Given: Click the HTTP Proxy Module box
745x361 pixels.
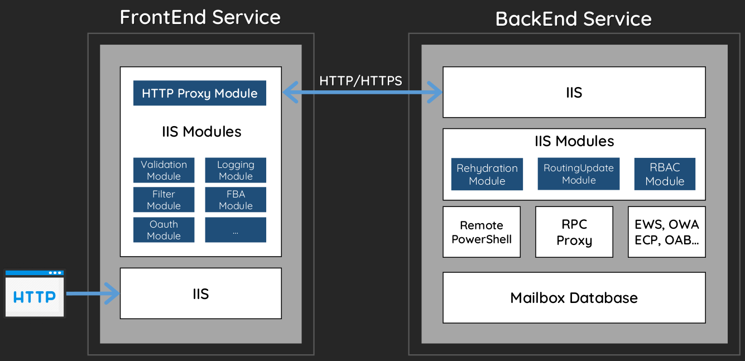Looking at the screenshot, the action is click(x=200, y=93).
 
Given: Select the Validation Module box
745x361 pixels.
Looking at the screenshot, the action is click(x=164, y=170).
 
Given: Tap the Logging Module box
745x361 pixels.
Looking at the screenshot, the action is click(x=235, y=170).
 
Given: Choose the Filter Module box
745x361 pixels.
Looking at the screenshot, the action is click(x=164, y=199).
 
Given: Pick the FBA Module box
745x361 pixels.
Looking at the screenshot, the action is click(x=235, y=199).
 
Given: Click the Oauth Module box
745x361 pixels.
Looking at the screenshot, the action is click(x=164, y=230).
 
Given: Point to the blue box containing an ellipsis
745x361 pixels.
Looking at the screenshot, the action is click(x=235, y=230).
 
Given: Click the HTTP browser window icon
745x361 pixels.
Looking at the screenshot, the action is click(x=35, y=293).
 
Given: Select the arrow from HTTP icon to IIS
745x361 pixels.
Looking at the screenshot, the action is click(x=93, y=293).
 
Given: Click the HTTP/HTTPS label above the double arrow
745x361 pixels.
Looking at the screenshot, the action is click(x=361, y=81).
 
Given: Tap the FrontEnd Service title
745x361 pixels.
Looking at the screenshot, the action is click(x=200, y=17).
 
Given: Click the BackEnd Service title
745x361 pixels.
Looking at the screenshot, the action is click(x=573, y=18).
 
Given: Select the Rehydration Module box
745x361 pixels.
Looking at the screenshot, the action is click(x=487, y=174).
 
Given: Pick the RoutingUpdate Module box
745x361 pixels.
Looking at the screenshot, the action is click(x=579, y=174).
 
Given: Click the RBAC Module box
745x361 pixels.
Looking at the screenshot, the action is click(x=665, y=174).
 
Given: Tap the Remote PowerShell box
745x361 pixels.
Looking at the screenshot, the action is click(x=482, y=232).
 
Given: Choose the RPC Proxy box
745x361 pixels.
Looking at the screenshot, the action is click(x=574, y=232).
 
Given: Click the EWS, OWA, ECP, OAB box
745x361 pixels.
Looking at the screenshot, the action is click(x=667, y=232).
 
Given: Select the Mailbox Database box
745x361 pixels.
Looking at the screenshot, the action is click(x=574, y=297).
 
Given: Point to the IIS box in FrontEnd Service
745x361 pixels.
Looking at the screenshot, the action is click(x=201, y=293).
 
